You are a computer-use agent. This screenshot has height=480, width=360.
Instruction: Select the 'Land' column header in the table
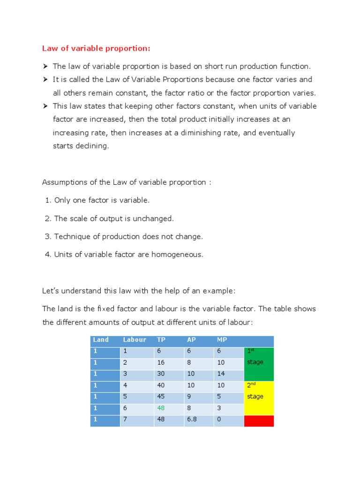pos(101,340)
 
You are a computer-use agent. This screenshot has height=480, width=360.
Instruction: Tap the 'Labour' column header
pos(135,340)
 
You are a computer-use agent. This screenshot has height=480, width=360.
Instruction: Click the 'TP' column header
pos(161,340)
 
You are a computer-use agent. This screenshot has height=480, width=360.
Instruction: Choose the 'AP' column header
pos(191,340)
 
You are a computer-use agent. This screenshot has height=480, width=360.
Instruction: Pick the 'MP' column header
pos(221,340)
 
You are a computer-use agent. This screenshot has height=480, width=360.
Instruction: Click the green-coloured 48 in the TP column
pos(161,408)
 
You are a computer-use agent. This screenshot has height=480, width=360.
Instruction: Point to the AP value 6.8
pos(192,419)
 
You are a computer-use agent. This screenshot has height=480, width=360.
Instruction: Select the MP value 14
pos(221,374)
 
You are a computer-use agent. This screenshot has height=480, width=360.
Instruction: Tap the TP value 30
pos(161,374)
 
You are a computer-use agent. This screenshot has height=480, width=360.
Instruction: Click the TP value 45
pos(161,397)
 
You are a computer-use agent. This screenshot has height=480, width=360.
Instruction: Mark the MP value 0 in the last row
pos(219,419)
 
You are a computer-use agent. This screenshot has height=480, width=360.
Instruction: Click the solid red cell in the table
pos(259,420)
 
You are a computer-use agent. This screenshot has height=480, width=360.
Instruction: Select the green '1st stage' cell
pos(259,364)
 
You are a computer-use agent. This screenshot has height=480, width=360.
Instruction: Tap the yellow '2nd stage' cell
pos(259,397)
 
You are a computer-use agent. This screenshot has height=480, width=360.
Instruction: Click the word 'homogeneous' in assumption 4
pos(180,255)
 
